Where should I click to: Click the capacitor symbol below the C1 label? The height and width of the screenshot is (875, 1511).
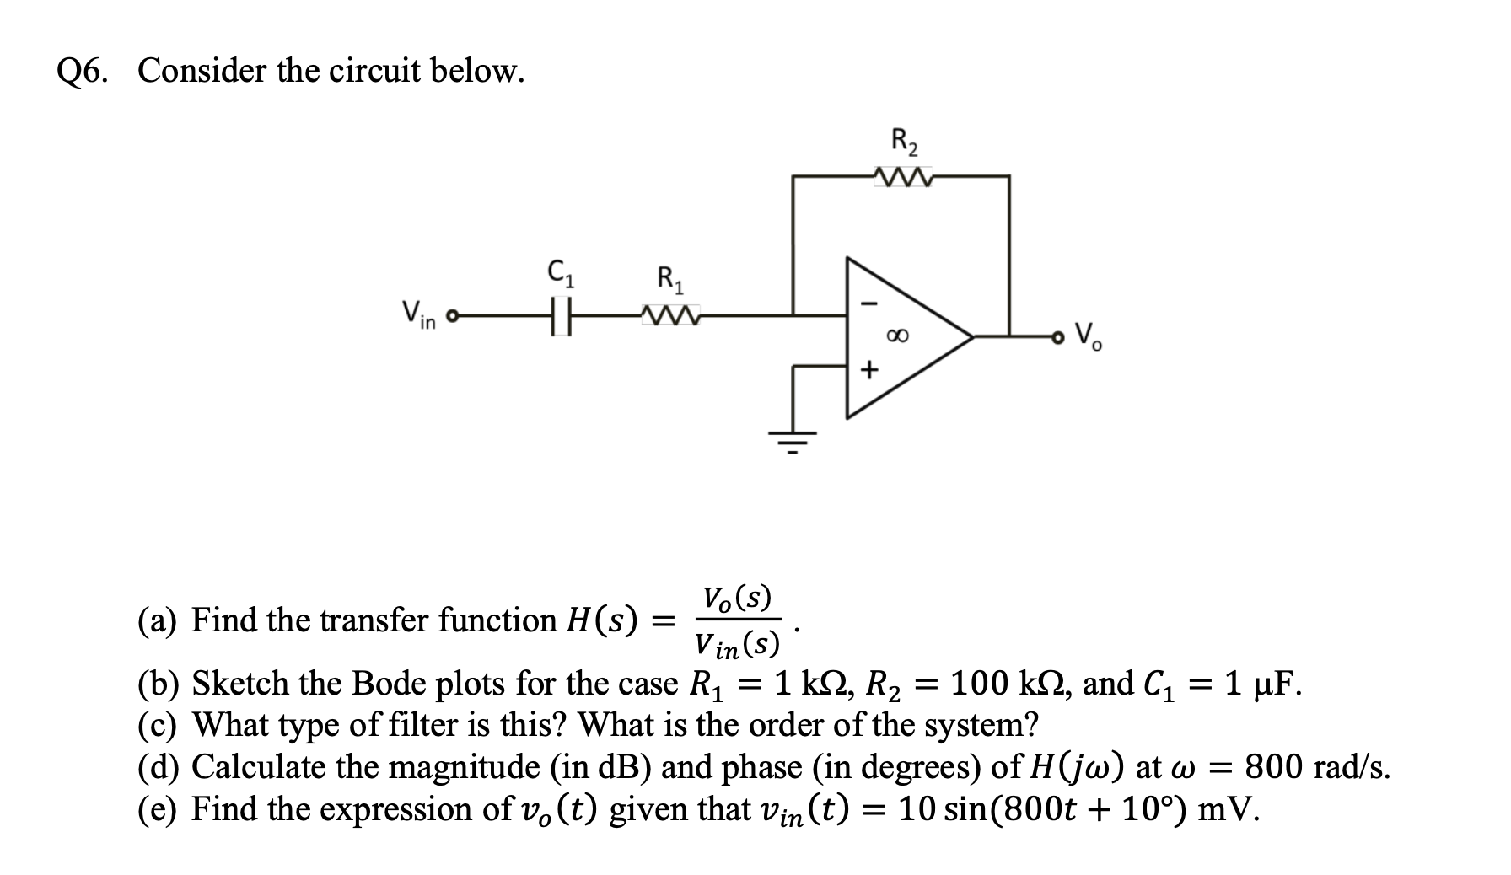562,318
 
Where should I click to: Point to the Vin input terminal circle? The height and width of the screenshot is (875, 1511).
451,318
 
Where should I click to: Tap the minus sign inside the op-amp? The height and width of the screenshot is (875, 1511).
874,304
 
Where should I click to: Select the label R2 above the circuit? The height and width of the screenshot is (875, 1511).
905,140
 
